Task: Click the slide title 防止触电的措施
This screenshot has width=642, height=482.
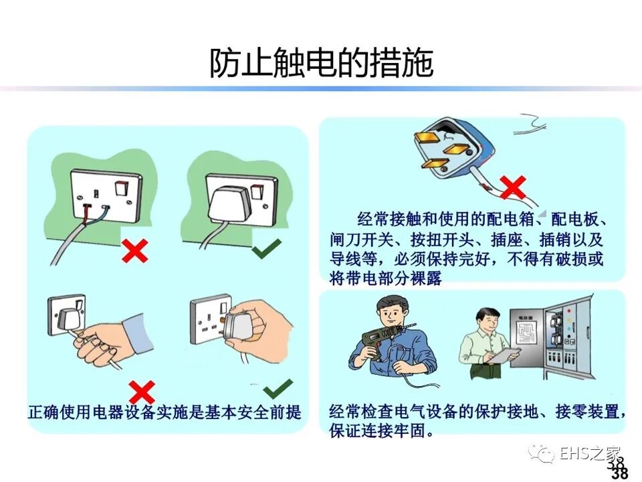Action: point(322,63)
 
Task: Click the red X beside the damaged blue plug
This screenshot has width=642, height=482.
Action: point(513,187)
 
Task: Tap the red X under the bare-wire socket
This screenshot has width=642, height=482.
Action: point(134,251)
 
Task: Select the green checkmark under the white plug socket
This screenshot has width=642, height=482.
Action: point(267,248)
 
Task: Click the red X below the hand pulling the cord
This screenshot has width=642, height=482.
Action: point(142,392)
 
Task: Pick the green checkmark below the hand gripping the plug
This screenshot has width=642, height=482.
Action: point(278,389)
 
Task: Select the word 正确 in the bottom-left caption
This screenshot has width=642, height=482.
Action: point(43,412)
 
